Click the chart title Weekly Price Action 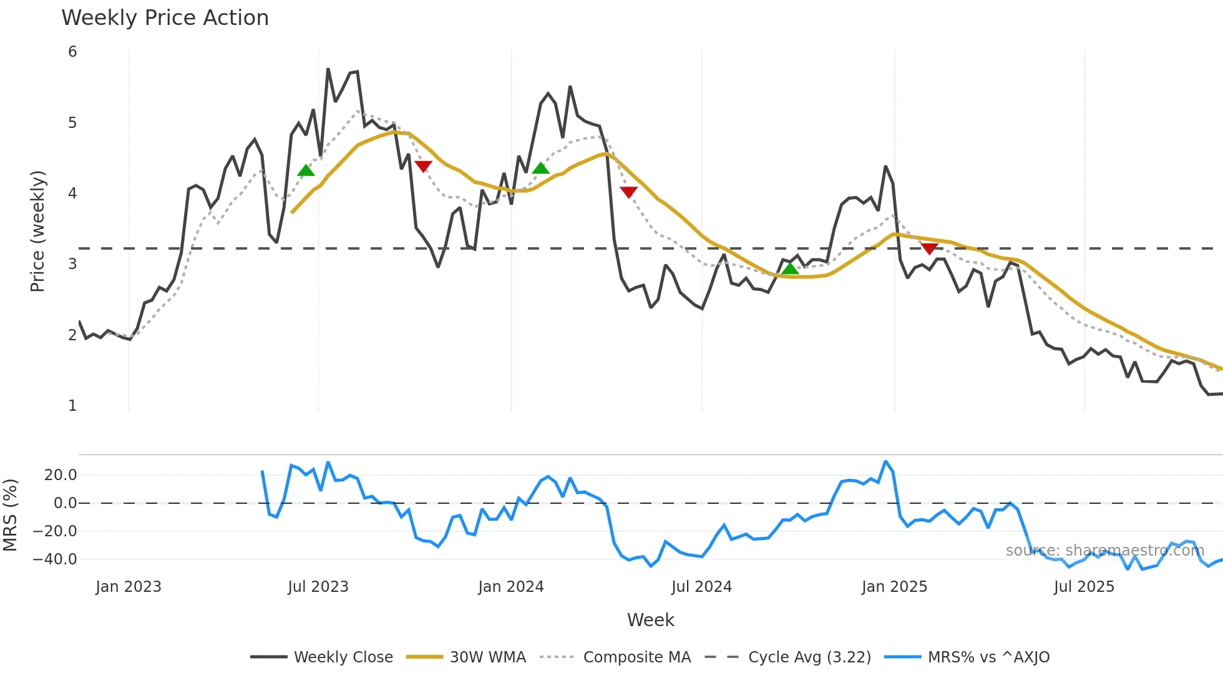(x=165, y=18)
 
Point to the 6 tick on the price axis (x=72, y=52)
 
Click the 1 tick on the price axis (x=72, y=406)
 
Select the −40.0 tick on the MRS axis (x=55, y=559)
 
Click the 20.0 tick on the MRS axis (x=61, y=475)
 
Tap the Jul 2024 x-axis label (x=701, y=587)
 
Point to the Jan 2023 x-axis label (x=129, y=587)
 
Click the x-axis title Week (x=650, y=620)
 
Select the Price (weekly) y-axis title (x=38, y=231)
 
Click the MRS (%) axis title (x=10, y=515)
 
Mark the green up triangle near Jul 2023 (x=306, y=170)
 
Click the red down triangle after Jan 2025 (x=929, y=248)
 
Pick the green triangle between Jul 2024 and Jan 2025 (x=790, y=269)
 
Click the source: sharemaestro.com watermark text (x=1104, y=551)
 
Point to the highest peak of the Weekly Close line (x=328, y=69)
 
